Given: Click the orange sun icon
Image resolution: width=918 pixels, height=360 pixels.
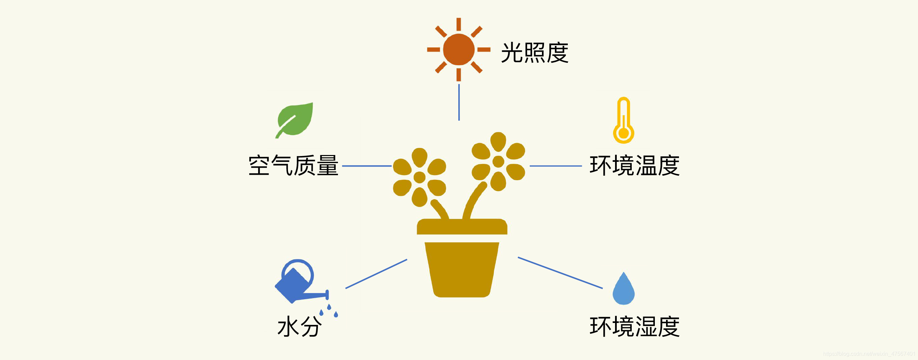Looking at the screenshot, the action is click(x=459, y=50).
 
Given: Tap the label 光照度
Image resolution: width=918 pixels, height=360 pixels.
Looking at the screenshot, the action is click(x=534, y=53).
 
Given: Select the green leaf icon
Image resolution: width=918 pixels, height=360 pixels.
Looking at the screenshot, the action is click(x=295, y=120).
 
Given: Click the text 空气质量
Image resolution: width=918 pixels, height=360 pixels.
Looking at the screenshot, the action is click(x=293, y=166).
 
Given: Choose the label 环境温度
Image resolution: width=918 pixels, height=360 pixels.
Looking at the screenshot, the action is click(x=634, y=166).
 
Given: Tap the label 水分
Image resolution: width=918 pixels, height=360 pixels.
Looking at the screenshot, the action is click(x=299, y=326).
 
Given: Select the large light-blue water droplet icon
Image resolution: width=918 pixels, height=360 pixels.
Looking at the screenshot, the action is click(x=623, y=289).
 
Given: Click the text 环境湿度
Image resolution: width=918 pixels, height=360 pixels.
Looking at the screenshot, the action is click(x=634, y=326).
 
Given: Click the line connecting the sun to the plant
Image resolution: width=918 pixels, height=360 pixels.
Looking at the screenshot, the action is click(x=459, y=102).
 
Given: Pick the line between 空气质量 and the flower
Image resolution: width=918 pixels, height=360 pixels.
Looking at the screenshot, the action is click(x=367, y=166).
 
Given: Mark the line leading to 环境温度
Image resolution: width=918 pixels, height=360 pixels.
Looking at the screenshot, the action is click(x=556, y=166).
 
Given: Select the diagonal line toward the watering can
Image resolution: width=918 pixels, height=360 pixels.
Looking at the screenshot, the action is click(x=376, y=274).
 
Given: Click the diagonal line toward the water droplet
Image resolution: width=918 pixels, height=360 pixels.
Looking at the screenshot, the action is click(x=560, y=273).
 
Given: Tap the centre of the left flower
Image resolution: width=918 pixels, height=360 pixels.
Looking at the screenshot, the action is click(x=420, y=177).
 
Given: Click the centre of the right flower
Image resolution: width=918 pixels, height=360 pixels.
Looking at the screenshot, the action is click(x=498, y=161).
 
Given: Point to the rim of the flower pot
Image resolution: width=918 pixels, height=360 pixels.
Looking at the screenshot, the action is click(x=462, y=227).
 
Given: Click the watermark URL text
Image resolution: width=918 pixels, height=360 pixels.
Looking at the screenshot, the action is click(x=869, y=354).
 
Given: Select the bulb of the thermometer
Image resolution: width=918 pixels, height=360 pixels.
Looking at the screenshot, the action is click(x=623, y=134).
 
